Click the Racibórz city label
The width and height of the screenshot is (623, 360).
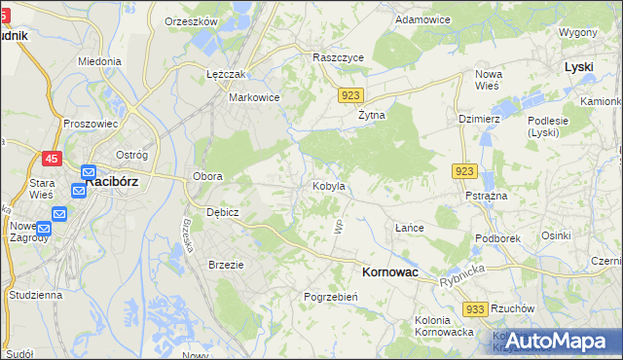(x=116, y=181)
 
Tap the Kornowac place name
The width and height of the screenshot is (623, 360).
(x=389, y=273)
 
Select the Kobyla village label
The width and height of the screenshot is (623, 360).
(x=329, y=185)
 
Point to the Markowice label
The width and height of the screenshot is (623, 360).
(x=254, y=97)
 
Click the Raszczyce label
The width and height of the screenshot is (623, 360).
(x=338, y=57)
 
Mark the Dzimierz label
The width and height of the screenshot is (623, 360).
(x=479, y=118)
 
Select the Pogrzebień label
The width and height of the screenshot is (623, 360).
(x=331, y=297)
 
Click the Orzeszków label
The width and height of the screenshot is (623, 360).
(x=191, y=20)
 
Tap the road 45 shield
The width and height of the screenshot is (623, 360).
(x=51, y=159)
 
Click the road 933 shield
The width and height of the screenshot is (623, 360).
(x=474, y=308)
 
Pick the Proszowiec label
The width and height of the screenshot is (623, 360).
(x=90, y=124)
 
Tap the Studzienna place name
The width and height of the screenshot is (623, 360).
(x=35, y=293)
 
